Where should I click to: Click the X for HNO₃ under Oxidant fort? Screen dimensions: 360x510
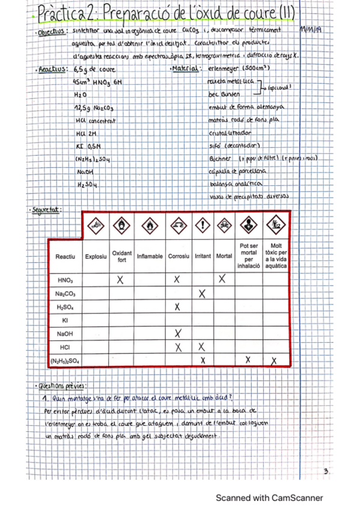pyautogui.click(x=120, y=279)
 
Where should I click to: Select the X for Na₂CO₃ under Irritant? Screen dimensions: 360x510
pyautogui.click(x=202, y=293)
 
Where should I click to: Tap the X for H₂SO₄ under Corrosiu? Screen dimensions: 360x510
pyautogui.click(x=177, y=307)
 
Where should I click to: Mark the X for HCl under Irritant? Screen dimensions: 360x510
pyautogui.click(x=202, y=346)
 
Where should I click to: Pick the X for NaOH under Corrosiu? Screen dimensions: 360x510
pyautogui.click(x=177, y=333)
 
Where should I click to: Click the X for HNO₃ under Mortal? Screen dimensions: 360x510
pyautogui.click(x=222, y=278)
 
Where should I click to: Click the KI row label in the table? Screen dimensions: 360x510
pyautogui.click(x=65, y=320)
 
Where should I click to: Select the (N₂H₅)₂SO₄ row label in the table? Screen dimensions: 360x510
pyautogui.click(x=65, y=360)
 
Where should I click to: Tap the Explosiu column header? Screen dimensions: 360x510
pyautogui.click(x=96, y=256)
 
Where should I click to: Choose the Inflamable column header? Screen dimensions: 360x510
pyautogui.click(x=150, y=256)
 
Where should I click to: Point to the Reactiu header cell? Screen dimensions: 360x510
pyautogui.click(x=65, y=257)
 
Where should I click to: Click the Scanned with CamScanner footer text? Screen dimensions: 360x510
pyautogui.click(x=269, y=498)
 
